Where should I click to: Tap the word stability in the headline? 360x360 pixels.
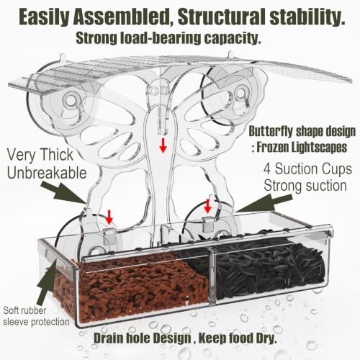click(307, 17)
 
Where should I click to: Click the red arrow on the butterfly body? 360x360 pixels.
click(163, 145)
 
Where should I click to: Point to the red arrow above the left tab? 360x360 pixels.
click(109, 217)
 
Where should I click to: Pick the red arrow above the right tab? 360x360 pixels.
click(207, 206)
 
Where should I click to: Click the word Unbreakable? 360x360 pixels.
click(47, 173)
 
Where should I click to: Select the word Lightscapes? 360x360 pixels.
click(319, 147)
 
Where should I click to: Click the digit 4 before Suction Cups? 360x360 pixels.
click(267, 169)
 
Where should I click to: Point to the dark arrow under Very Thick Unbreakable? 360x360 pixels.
click(63, 192)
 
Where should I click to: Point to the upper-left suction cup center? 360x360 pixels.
click(71, 100)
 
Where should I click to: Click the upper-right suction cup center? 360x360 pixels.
click(240, 92)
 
